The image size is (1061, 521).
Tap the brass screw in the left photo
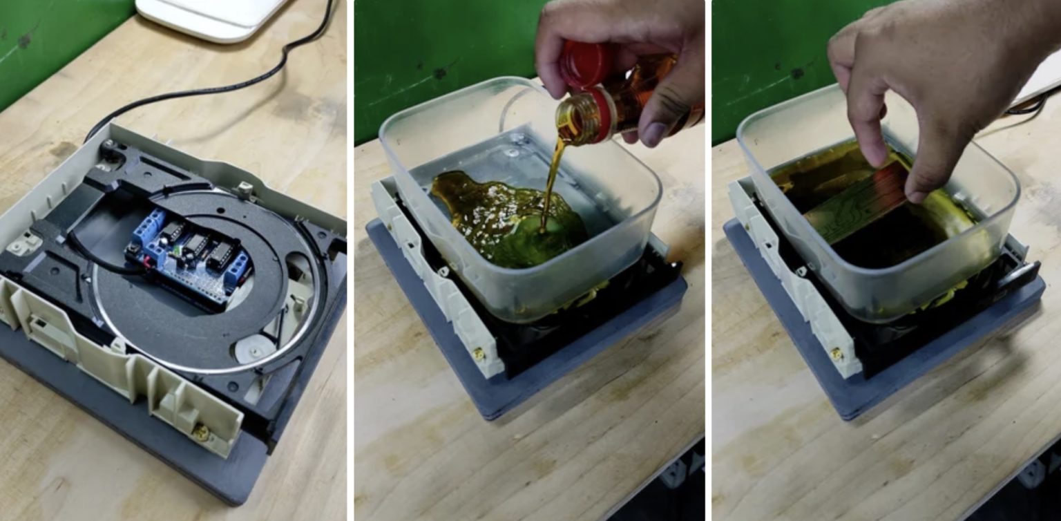pyautogui.click(x=200, y=433)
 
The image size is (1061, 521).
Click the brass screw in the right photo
pyautogui.click(x=838, y=354)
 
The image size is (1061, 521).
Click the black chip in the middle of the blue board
pyautogui.click(x=197, y=245)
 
